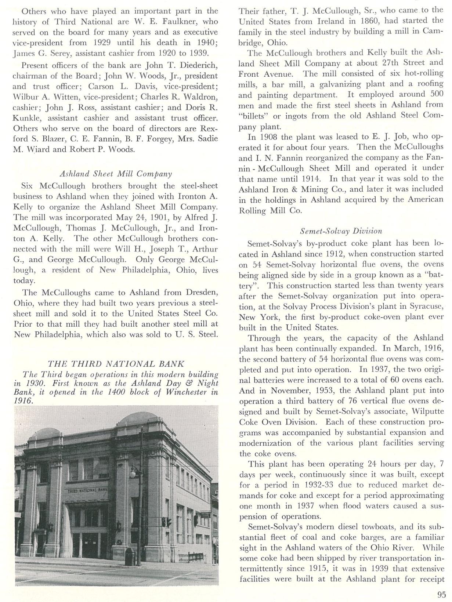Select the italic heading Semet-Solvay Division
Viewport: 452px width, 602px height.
341,231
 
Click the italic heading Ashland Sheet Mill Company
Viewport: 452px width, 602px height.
115,173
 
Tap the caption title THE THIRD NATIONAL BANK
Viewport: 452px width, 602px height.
116,364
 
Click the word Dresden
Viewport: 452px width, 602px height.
200,293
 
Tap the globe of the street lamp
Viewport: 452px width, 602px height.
133,472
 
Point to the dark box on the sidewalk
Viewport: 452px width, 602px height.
129,556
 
